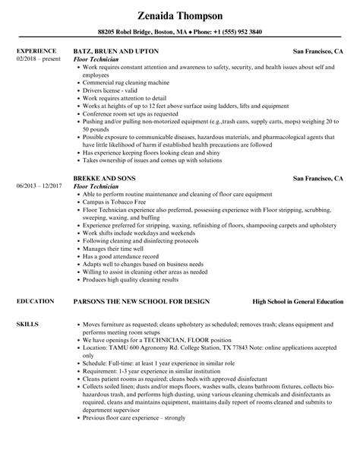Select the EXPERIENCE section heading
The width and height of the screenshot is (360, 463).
point(36,51)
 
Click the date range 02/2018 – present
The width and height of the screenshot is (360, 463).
point(38,59)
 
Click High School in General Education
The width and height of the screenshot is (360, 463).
point(298,280)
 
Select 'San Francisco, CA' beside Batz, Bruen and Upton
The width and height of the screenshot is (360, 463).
point(318,51)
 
